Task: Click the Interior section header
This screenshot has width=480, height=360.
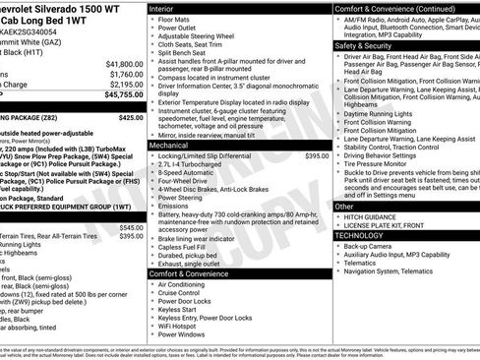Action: click(166, 7)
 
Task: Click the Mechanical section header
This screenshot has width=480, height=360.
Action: click(174, 146)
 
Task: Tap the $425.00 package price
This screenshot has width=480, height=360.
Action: click(130, 117)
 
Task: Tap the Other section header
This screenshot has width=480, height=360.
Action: click(344, 206)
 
